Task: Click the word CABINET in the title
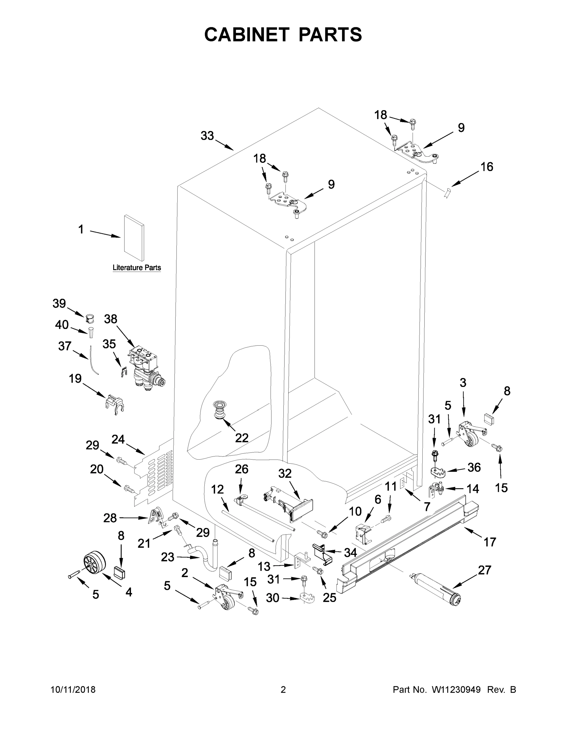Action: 247,34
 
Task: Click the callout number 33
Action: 207,136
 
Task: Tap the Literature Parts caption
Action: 136,268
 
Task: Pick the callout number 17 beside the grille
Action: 489,542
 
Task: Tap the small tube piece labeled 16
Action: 447,193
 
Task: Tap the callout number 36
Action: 474,467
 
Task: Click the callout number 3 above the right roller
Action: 463,383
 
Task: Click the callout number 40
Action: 62,325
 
